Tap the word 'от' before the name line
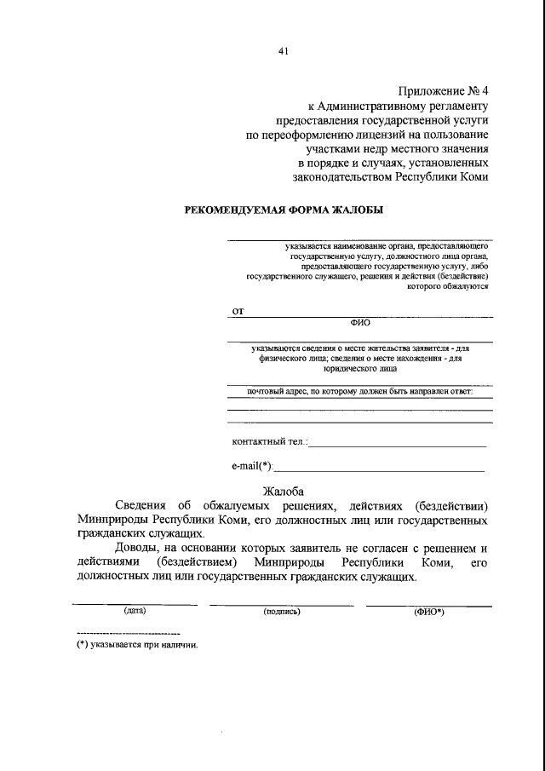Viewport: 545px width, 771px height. coord(238,311)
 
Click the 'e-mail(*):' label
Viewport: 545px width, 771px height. coord(254,465)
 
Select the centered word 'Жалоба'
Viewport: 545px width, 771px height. coord(285,491)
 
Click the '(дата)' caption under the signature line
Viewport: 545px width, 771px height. coord(135,611)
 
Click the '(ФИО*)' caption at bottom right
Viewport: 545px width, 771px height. coord(429,611)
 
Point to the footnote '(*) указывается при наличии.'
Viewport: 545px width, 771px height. coord(137,645)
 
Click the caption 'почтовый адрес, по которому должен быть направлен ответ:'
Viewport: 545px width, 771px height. coord(359,391)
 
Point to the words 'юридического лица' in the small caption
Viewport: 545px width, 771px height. coord(359,369)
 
